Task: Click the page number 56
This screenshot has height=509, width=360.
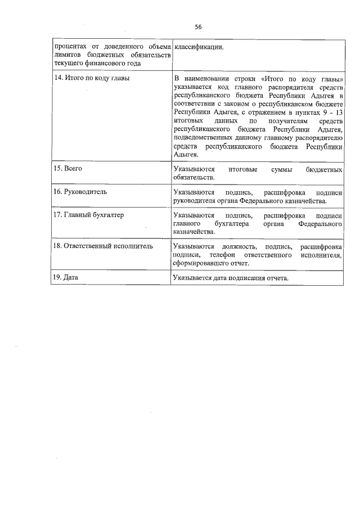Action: (198, 26)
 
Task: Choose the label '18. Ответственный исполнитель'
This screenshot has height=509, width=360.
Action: (102, 246)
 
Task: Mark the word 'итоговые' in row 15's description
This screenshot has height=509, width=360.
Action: (244, 169)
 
